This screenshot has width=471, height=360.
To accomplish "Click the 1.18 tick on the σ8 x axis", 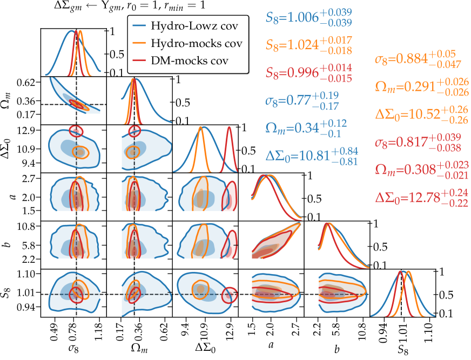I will pos(100,327).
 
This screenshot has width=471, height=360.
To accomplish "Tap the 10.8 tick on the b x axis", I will pos(361,327).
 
